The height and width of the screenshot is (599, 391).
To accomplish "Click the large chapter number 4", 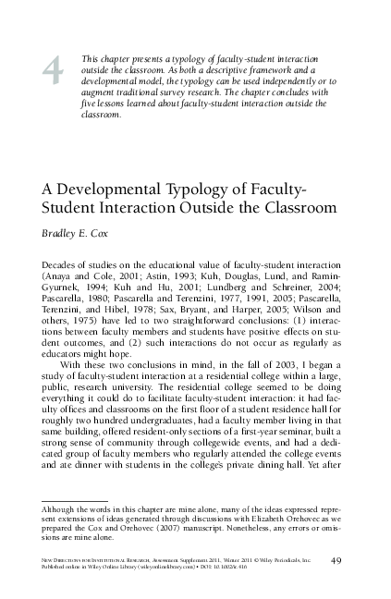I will coord(53,70).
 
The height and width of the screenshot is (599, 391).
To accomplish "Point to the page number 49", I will coord(336,561).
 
